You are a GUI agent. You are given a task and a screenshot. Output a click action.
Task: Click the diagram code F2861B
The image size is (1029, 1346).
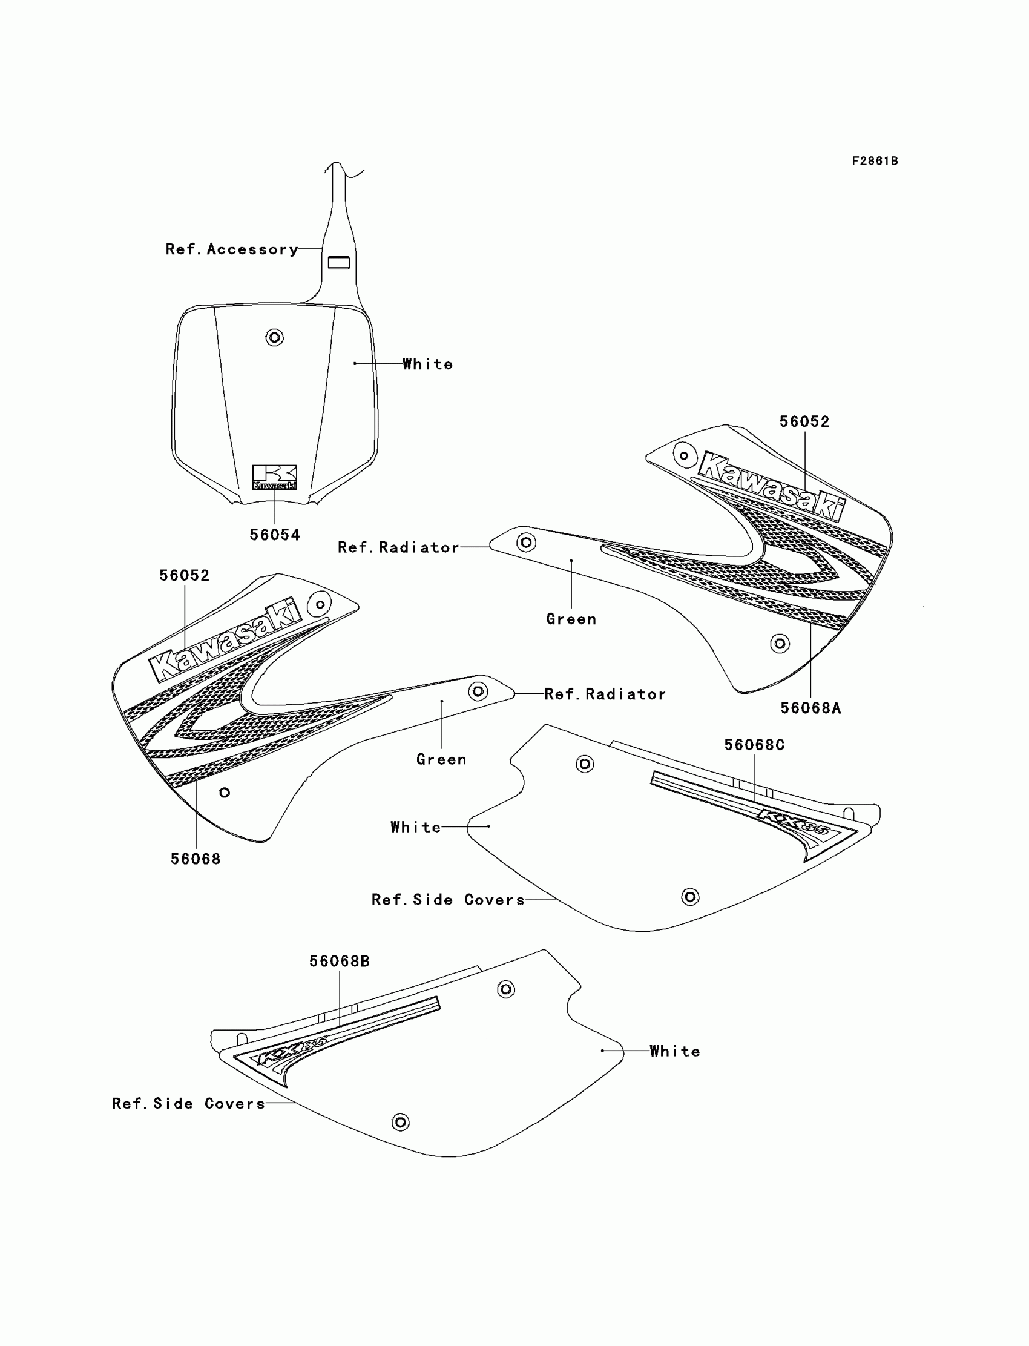pos(875,161)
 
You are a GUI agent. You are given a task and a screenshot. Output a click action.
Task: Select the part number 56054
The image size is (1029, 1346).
pos(274,535)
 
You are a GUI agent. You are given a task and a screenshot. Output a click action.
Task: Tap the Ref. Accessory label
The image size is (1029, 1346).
pos(231,249)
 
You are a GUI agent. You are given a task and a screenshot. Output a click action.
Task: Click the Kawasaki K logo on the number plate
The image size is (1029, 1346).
pos(274,477)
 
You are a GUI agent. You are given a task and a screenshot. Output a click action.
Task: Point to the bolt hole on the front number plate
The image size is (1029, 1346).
pos(274,337)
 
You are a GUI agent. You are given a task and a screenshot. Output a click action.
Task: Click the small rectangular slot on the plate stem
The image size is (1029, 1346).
pos(339,263)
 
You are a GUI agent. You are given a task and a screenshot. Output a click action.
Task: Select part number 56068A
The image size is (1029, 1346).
pos(810,708)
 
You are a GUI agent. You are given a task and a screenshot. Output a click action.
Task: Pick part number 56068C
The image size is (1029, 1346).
pos(754,745)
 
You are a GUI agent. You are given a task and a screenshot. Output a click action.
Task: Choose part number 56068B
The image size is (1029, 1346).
pos(340,962)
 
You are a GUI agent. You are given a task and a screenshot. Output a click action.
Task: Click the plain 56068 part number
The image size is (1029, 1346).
pos(196,859)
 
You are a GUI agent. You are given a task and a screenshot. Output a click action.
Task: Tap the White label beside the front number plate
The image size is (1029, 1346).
pos(427,365)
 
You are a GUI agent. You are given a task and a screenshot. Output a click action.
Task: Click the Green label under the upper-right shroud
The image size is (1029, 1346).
pos(571,619)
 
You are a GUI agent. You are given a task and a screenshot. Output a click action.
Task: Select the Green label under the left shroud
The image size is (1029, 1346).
pos(441,760)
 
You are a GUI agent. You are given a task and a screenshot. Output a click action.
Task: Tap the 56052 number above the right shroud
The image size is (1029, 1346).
pos(804,422)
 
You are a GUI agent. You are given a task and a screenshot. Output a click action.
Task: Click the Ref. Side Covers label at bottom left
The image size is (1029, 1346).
pos(188,1103)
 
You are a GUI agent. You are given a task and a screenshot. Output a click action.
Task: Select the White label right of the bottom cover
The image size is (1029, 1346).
pos(674,1051)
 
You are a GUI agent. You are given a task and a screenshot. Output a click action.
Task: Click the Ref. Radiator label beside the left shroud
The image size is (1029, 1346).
pos(605,694)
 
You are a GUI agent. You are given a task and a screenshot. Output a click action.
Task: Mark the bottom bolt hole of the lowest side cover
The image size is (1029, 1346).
pos(400,1122)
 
